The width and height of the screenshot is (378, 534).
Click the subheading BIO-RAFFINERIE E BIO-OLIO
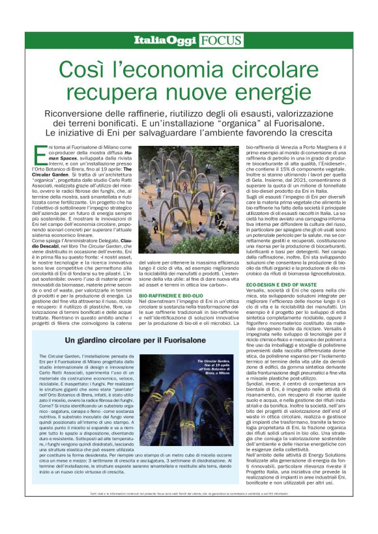click(x=171, y=296)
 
